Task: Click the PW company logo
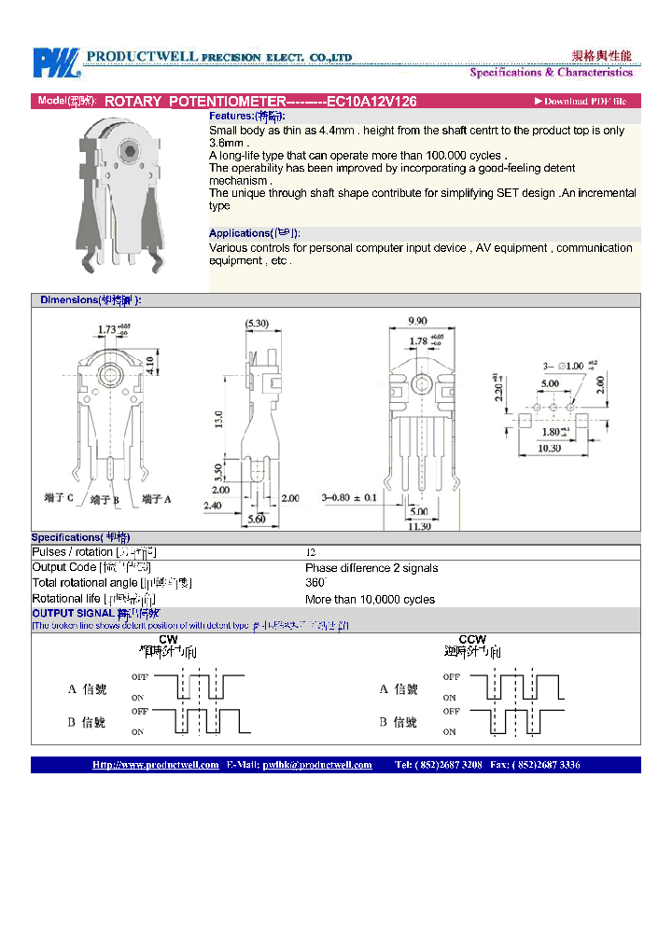tap(57, 63)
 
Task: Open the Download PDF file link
tap(581, 102)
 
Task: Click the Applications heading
tap(254, 233)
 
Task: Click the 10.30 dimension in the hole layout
tap(551, 448)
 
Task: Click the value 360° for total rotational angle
tap(315, 583)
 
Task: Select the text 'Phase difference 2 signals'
tap(371, 568)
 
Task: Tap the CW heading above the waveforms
tap(168, 639)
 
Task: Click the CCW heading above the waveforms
tap(472, 639)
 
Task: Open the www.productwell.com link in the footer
tap(156, 765)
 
